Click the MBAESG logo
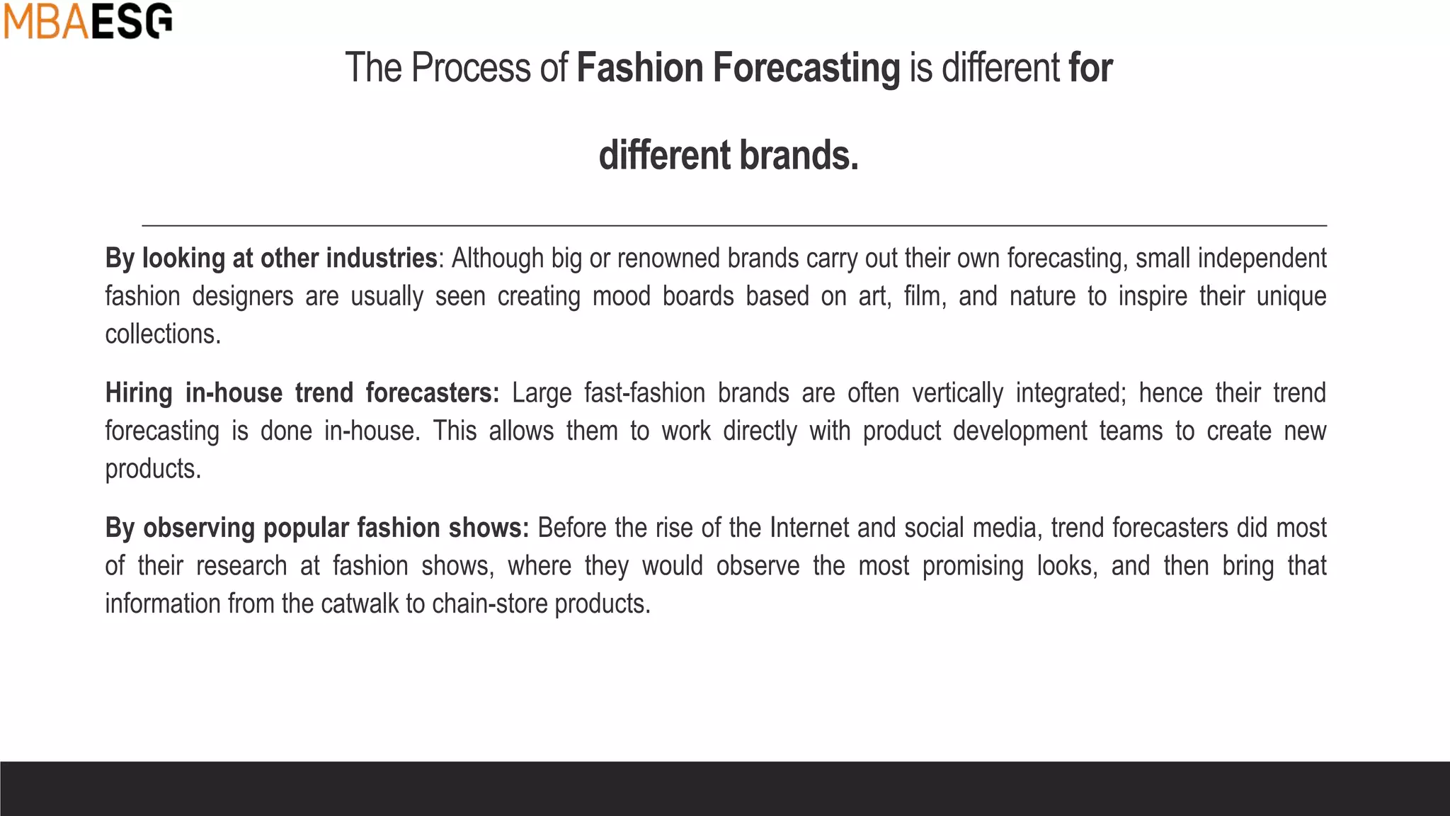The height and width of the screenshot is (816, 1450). click(88, 21)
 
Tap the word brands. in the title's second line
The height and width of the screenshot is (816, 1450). click(799, 155)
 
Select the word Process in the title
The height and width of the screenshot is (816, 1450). click(471, 69)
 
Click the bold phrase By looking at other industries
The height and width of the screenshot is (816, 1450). click(271, 259)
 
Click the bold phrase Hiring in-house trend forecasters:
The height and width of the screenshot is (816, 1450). click(302, 393)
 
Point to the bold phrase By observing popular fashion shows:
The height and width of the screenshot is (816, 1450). click(317, 528)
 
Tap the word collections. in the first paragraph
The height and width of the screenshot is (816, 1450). click(163, 334)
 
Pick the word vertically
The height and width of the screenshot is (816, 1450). click(957, 393)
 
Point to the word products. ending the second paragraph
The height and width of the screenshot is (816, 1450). click(153, 469)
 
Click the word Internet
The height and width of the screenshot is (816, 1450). click(809, 528)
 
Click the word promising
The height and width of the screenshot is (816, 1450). click(973, 567)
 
